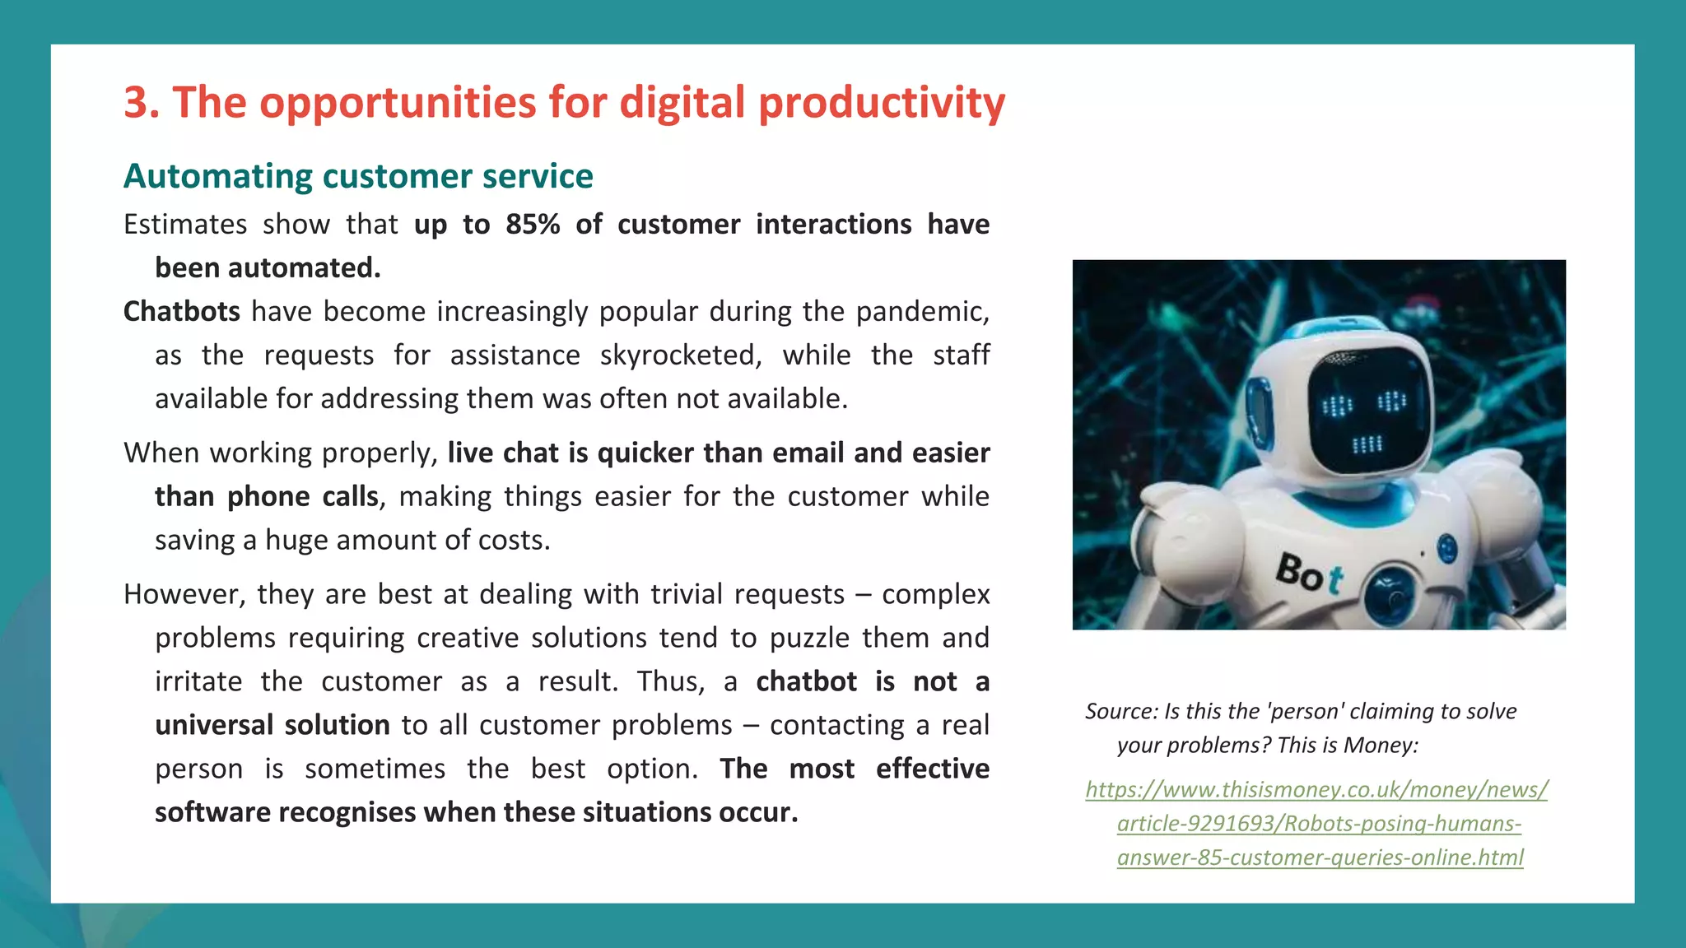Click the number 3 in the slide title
coord(140,104)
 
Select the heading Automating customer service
coord(358,176)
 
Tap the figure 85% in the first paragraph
coord(532,225)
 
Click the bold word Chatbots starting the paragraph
coord(182,312)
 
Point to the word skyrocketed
coord(680,355)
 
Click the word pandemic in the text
coord(921,312)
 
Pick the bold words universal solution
coord(272,725)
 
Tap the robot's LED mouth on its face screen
coord(1367,445)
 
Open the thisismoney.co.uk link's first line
coord(1316,790)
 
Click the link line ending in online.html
coord(1320,857)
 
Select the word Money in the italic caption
coord(1379,746)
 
